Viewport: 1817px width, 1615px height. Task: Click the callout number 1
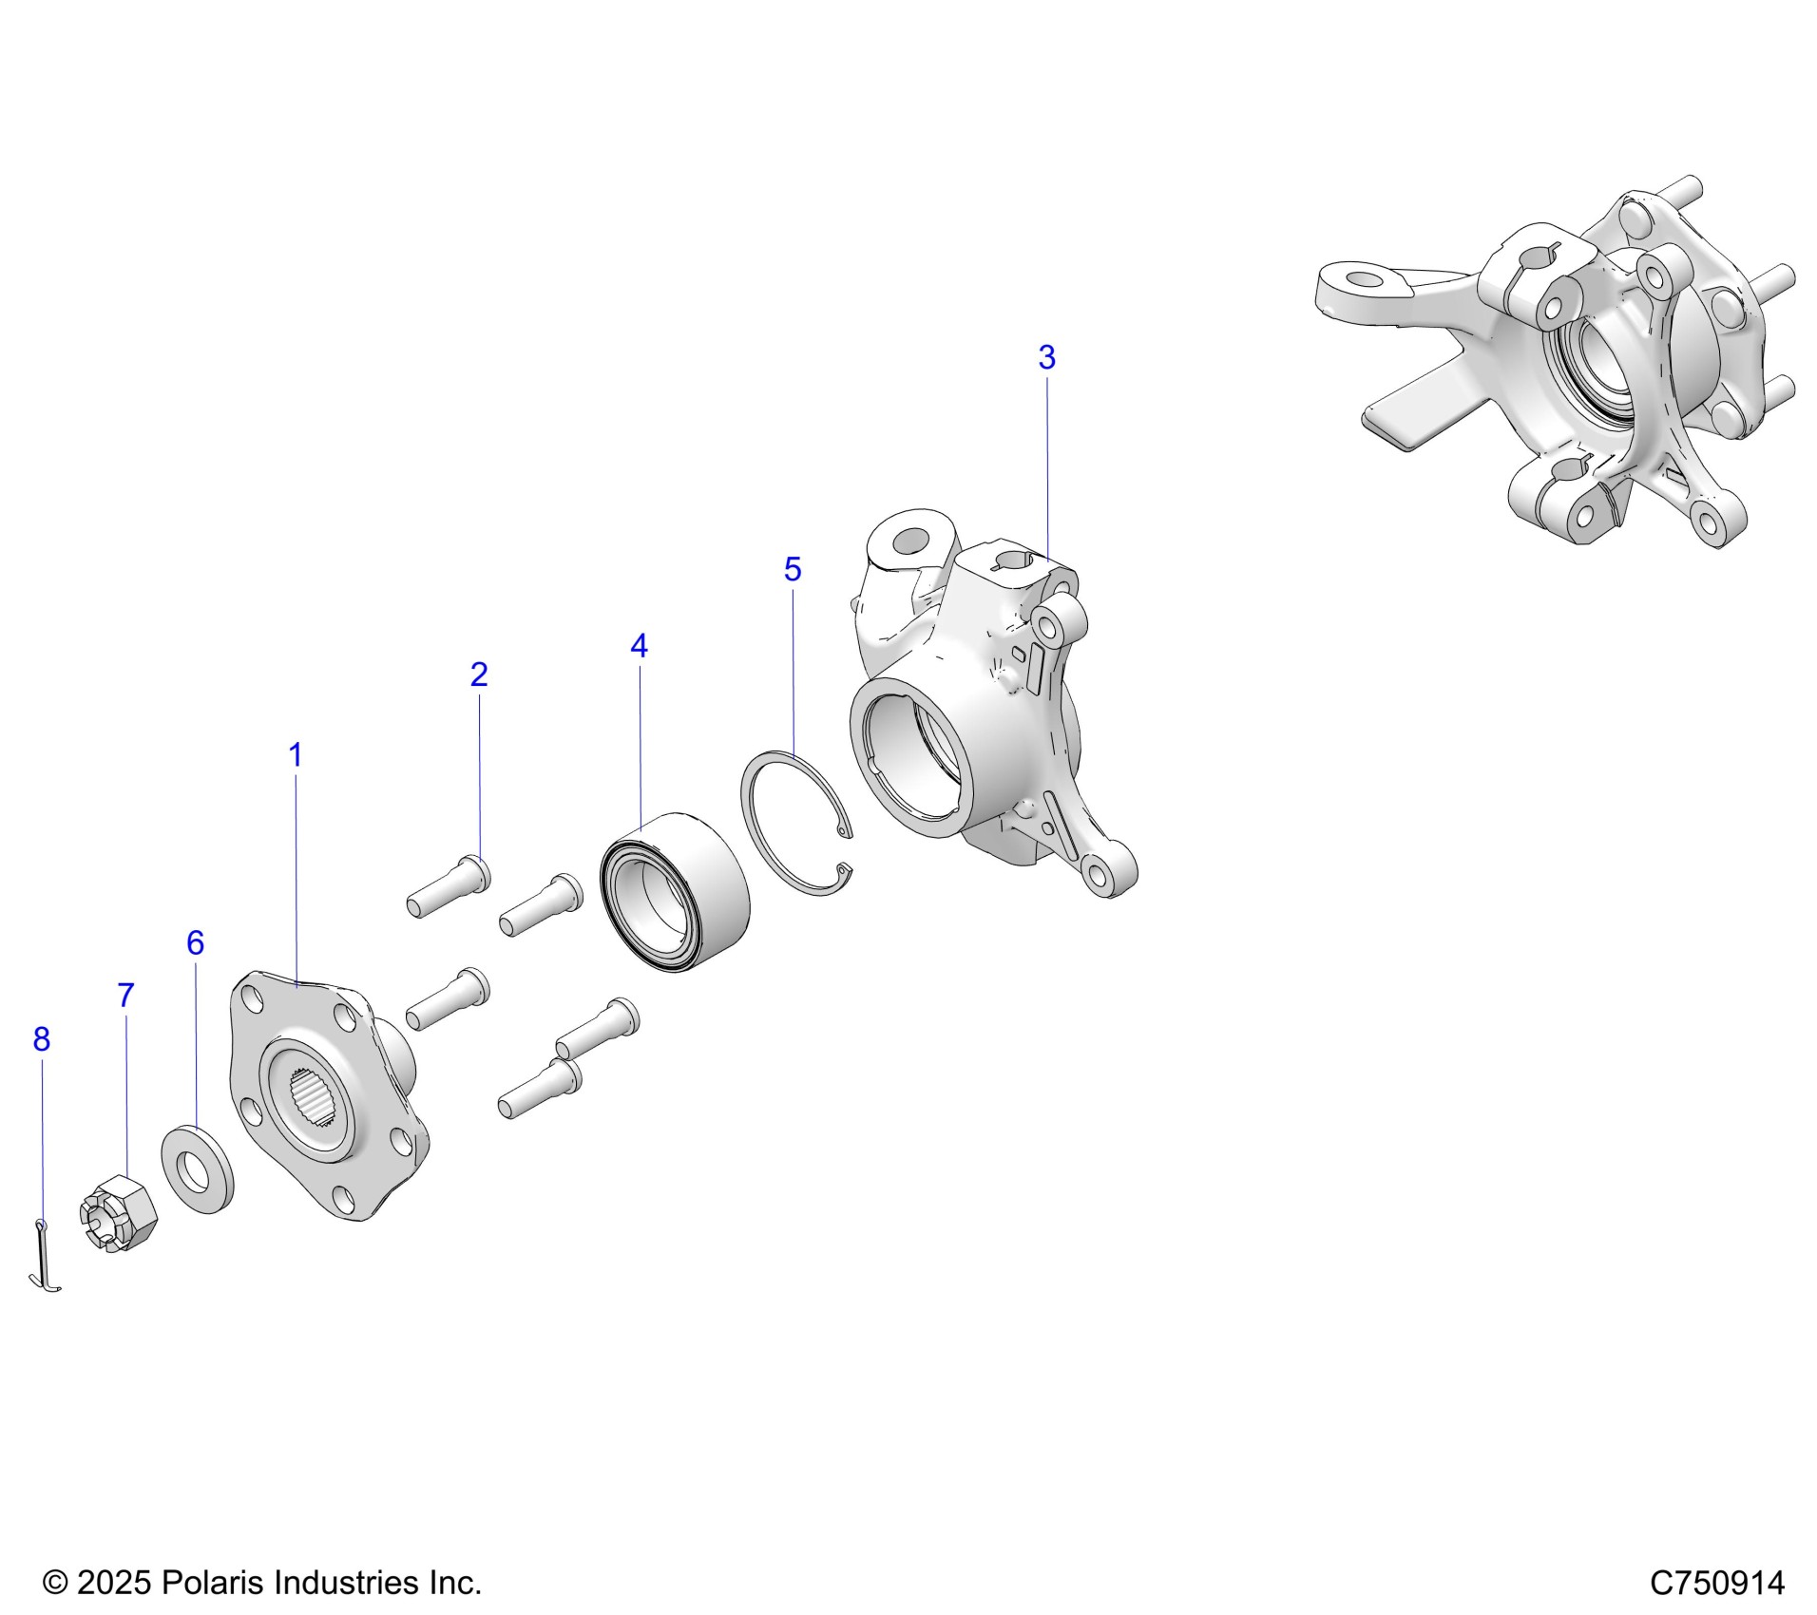[x=296, y=755]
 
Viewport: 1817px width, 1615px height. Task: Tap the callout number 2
[x=479, y=674]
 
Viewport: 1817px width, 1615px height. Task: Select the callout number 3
[x=1046, y=357]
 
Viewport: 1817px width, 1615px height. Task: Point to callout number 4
[x=639, y=646]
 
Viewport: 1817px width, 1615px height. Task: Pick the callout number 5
[x=793, y=569]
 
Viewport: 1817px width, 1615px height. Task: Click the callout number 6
[x=195, y=942]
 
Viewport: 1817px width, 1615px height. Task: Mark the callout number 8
[x=41, y=1039]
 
